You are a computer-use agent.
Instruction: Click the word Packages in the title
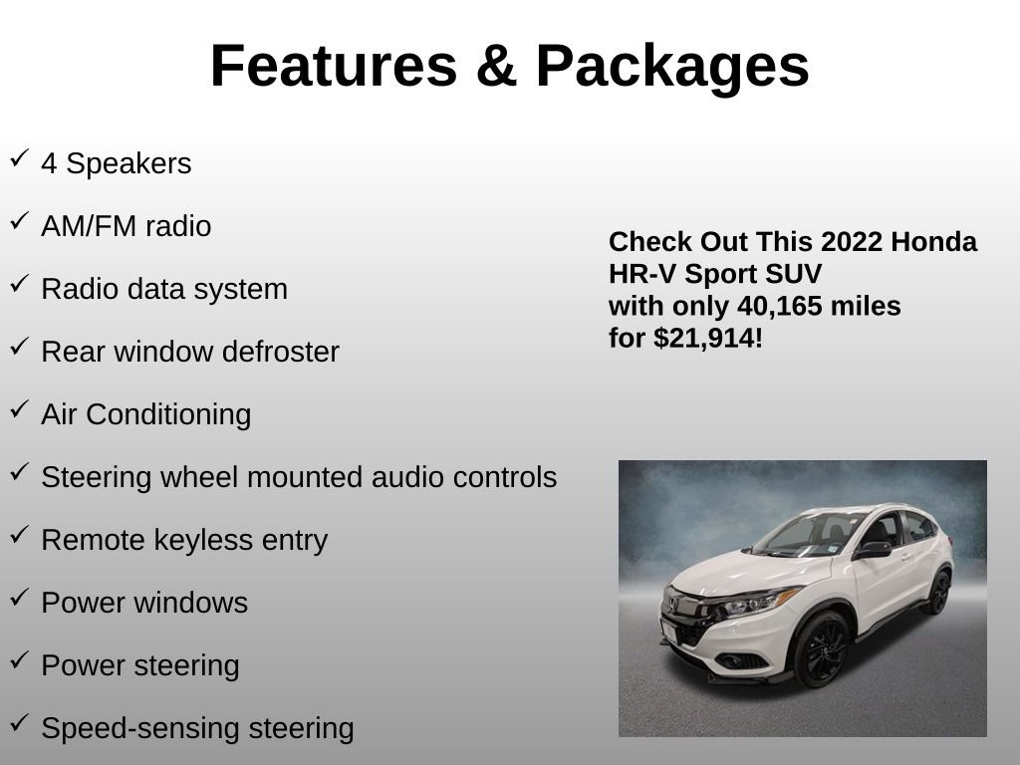coord(672,66)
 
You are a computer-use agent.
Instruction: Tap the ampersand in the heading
coord(496,66)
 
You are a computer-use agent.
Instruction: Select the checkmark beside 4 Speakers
coord(19,158)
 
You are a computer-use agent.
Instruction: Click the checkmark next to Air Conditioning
coord(19,409)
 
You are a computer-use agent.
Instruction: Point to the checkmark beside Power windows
coord(19,598)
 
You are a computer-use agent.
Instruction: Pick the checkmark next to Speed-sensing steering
coord(19,723)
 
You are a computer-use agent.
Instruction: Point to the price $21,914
coord(708,339)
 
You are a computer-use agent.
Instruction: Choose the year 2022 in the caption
coord(853,242)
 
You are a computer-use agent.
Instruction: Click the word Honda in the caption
coord(934,242)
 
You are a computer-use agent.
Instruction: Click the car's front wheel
coord(821,649)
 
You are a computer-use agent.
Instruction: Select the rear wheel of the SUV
coord(938,592)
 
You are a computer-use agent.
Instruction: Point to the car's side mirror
coord(873,549)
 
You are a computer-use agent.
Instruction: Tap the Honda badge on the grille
coord(675,605)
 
